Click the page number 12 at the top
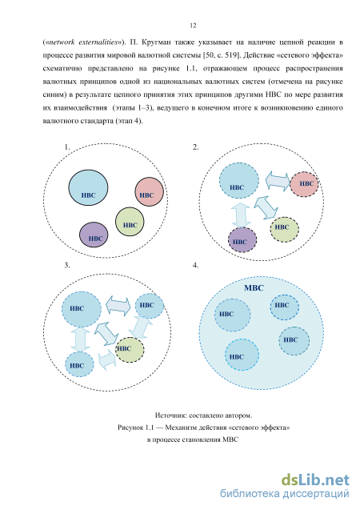(193, 26)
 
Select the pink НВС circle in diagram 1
(149, 191)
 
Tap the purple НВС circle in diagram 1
(94, 235)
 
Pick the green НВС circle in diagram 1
(130, 222)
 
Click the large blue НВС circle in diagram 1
(88, 187)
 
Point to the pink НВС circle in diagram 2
(304, 184)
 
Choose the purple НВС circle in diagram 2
(242, 240)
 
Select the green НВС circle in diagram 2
(284, 229)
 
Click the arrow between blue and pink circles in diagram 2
(278, 180)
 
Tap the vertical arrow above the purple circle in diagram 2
(241, 215)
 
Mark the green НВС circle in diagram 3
(130, 350)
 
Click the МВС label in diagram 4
(254, 288)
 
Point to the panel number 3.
(67, 266)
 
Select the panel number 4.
(195, 266)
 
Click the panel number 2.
(195, 147)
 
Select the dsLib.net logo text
(315, 480)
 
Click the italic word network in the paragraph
(62, 42)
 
